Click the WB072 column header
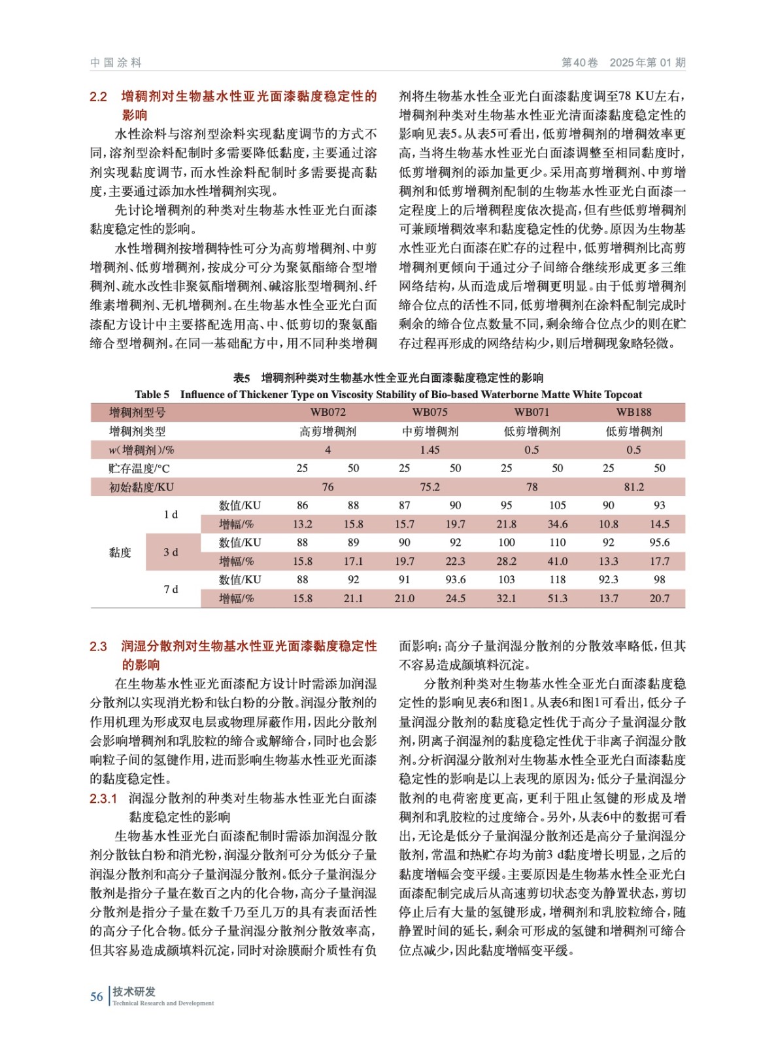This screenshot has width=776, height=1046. point(328,413)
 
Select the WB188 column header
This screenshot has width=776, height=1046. point(633,413)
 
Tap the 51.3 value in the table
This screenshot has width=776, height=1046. point(557,599)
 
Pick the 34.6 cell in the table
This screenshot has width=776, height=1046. point(557,524)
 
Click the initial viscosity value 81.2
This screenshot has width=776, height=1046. point(633,487)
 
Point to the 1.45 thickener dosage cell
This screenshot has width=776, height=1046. point(430,450)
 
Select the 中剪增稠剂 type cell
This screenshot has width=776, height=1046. point(430,431)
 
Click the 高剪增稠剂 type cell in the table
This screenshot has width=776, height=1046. point(328,431)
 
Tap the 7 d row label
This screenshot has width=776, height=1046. point(171,590)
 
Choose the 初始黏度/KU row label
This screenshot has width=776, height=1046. point(141,487)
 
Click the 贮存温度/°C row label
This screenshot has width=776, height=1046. point(139,469)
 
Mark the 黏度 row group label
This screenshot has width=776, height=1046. point(120,552)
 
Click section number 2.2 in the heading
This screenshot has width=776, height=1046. point(98,97)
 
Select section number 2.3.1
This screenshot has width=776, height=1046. point(103,798)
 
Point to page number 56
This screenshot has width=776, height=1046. point(96,997)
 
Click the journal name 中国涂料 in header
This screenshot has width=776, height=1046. point(116,63)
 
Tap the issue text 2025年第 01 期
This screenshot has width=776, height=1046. point(647,63)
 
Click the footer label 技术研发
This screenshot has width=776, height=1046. point(134,992)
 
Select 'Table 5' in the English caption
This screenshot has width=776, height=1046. point(152,395)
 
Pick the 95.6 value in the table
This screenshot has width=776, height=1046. point(659,543)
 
